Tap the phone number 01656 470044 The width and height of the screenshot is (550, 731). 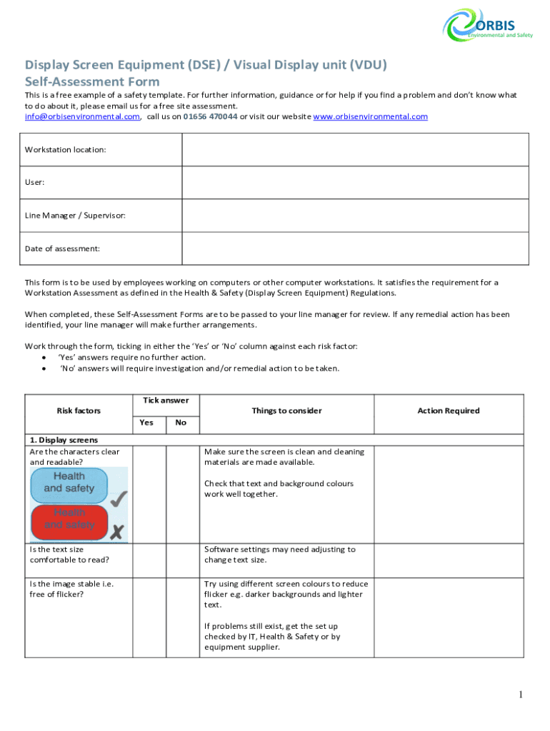tap(210, 116)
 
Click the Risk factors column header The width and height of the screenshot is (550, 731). tap(79, 410)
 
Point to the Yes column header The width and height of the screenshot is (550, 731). tap(146, 423)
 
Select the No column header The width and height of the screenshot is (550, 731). tap(181, 423)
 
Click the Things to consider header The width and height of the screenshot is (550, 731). tap(286, 410)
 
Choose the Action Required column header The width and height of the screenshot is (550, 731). tap(449, 410)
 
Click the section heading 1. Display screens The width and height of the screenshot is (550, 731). tap(64, 440)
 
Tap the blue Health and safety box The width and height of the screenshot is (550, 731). tap(69, 483)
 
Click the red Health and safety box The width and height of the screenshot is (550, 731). tap(69, 519)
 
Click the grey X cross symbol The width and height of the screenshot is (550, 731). tap(119, 531)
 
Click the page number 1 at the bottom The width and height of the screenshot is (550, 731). tap(521, 695)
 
